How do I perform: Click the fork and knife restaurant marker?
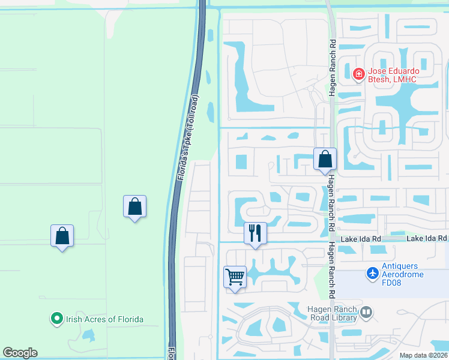(x=255, y=233)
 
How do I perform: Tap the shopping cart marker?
(x=235, y=277)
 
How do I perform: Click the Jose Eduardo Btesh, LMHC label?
(x=402, y=74)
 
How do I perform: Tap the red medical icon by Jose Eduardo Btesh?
(x=359, y=74)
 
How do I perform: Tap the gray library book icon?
(x=366, y=311)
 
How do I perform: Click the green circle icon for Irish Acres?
(x=57, y=318)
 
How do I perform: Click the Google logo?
(x=20, y=353)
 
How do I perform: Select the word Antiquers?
(x=403, y=265)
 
